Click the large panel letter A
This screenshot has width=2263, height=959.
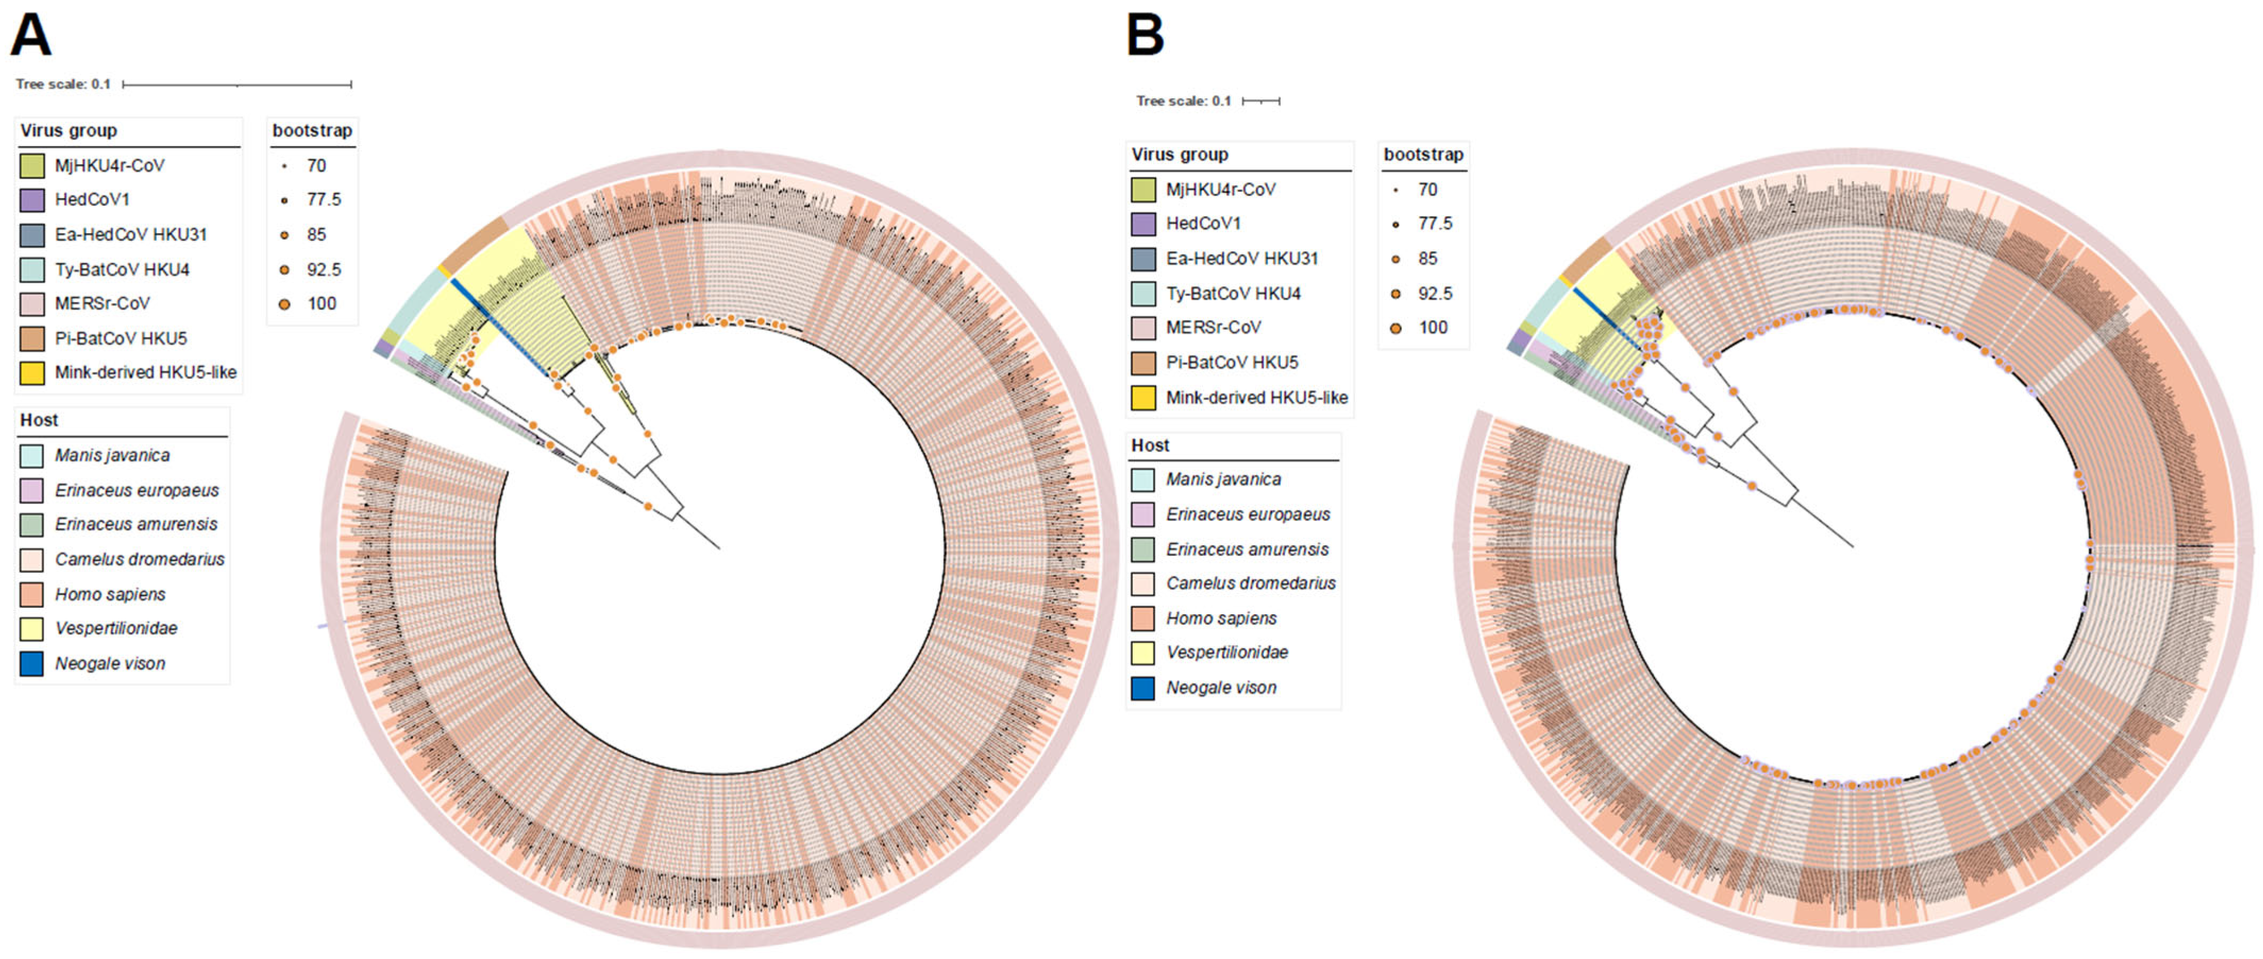click(x=31, y=35)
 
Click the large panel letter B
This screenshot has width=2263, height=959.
click(x=1146, y=35)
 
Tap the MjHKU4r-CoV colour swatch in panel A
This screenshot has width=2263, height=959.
click(x=31, y=165)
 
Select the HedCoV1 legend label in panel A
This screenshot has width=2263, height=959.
click(x=91, y=199)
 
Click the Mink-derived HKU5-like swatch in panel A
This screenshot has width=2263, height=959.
click(x=31, y=372)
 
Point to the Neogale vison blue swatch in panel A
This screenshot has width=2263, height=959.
click(x=31, y=663)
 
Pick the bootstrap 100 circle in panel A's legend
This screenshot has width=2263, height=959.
click(x=284, y=304)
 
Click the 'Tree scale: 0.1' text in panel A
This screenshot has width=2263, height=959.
click(x=63, y=84)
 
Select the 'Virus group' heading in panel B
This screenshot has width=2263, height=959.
click(x=1179, y=155)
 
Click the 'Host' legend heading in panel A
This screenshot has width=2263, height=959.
click(x=39, y=420)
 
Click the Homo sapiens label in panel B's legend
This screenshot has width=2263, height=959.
click(x=1221, y=618)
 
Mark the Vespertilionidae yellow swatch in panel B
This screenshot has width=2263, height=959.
click(x=1143, y=652)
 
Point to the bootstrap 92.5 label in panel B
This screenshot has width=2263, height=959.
click(x=1435, y=293)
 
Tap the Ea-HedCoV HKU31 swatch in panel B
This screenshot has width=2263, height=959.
click(x=1143, y=258)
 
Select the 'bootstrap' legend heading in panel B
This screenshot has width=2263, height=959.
click(x=1423, y=155)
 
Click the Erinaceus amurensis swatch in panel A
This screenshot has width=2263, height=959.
click(x=31, y=524)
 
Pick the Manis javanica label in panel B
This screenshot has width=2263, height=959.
click(x=1223, y=479)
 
